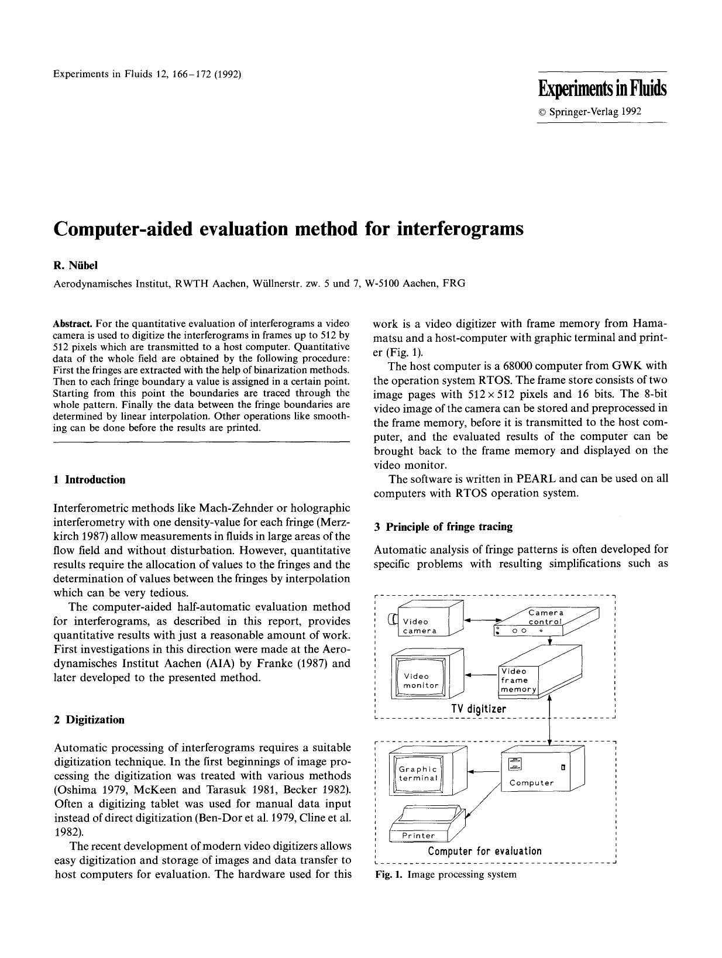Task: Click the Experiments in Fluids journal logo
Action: tap(602, 89)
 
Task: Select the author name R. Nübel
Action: tap(76, 266)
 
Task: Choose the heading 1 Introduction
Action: tap(89, 480)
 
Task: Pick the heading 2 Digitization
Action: tap(89, 720)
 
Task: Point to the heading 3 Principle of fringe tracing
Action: tap(443, 527)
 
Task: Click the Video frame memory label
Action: tap(517, 680)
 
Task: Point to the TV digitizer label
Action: tap(479, 709)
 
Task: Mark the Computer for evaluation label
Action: tap(484, 851)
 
